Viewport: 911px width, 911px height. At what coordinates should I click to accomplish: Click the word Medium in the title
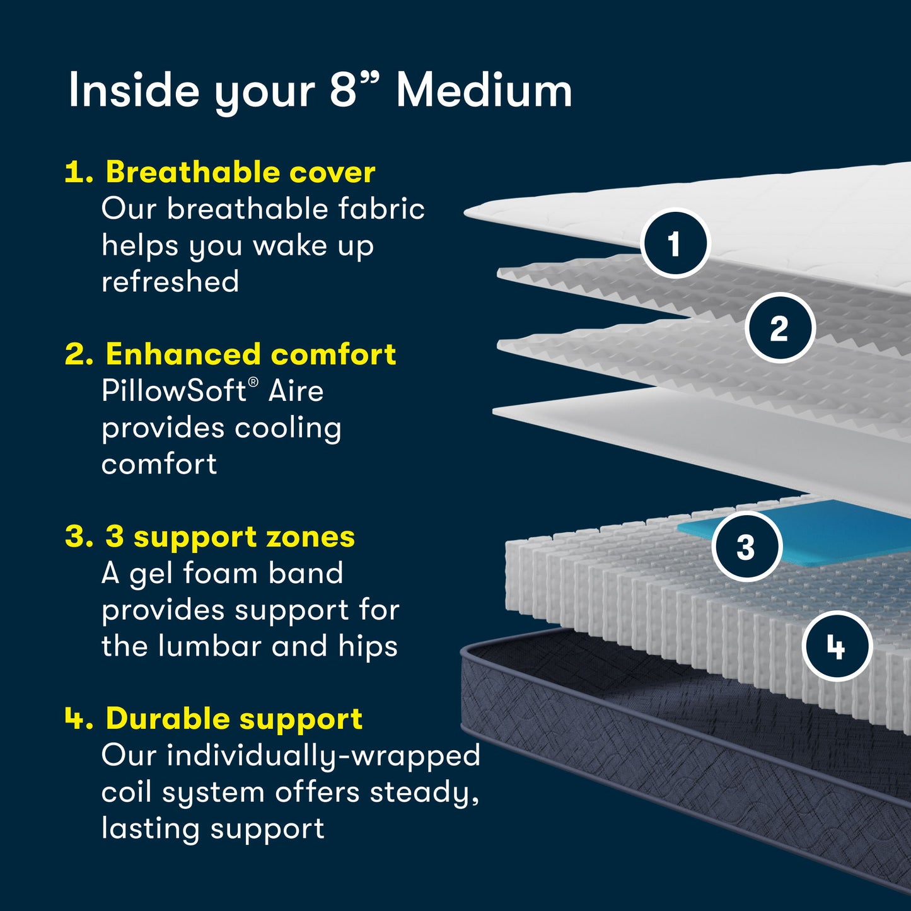(484, 91)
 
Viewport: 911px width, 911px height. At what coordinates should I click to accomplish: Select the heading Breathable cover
(240, 172)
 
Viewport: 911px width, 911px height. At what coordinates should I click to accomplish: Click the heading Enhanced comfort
(250, 354)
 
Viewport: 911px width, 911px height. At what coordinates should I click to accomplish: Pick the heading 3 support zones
(229, 537)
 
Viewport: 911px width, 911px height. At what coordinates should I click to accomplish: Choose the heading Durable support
(234, 719)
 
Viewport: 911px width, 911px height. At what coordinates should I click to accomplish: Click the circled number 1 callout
(675, 243)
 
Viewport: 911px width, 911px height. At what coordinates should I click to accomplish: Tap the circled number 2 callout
(780, 328)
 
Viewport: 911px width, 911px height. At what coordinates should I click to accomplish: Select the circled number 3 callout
(746, 547)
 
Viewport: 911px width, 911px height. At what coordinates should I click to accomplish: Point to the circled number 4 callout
(837, 646)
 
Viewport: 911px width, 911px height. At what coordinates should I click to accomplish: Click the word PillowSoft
(174, 391)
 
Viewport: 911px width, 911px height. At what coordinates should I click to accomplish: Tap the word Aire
(296, 391)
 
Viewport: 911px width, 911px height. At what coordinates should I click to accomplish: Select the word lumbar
(209, 646)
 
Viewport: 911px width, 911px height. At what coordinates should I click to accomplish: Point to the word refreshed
(170, 282)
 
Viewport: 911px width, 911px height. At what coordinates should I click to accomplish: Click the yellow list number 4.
(79, 719)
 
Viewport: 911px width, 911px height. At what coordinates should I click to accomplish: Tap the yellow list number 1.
(79, 173)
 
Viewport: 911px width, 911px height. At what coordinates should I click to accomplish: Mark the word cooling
(287, 429)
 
